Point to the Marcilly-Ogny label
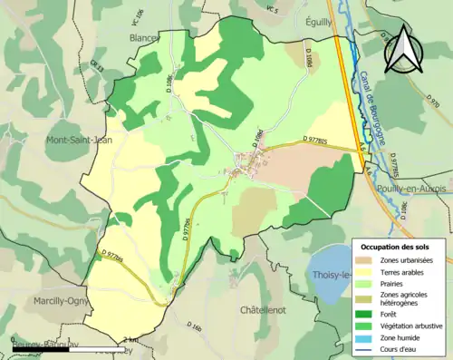click(35, 302)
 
